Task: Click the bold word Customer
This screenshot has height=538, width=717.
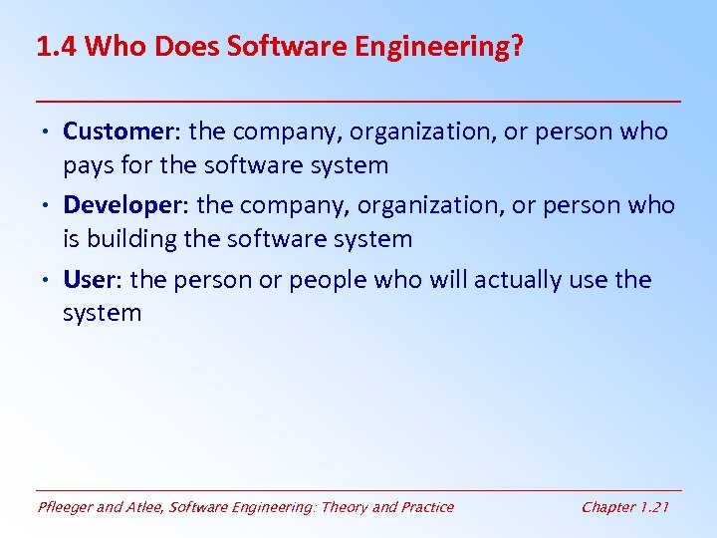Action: click(x=119, y=132)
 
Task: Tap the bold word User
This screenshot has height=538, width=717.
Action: click(x=91, y=279)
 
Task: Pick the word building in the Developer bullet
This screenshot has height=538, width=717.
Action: click(x=138, y=239)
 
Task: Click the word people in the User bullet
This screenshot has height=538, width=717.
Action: click(x=327, y=281)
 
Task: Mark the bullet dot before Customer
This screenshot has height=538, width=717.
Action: click(x=49, y=133)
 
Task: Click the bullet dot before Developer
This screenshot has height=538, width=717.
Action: click(x=49, y=206)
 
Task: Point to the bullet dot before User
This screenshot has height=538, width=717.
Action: click(x=49, y=280)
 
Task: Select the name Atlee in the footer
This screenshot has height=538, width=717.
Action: click(x=145, y=507)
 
